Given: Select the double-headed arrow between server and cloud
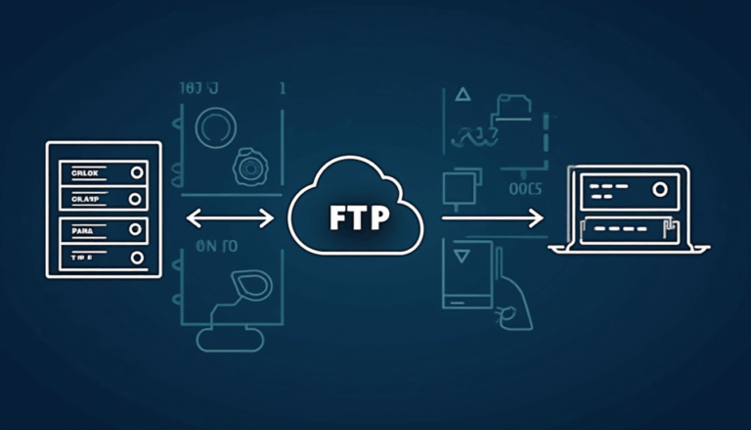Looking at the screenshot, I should tap(230, 217).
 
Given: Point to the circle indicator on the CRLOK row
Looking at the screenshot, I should tap(135, 173).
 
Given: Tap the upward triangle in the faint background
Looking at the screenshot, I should tap(464, 96).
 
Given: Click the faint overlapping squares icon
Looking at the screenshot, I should tap(458, 187).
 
